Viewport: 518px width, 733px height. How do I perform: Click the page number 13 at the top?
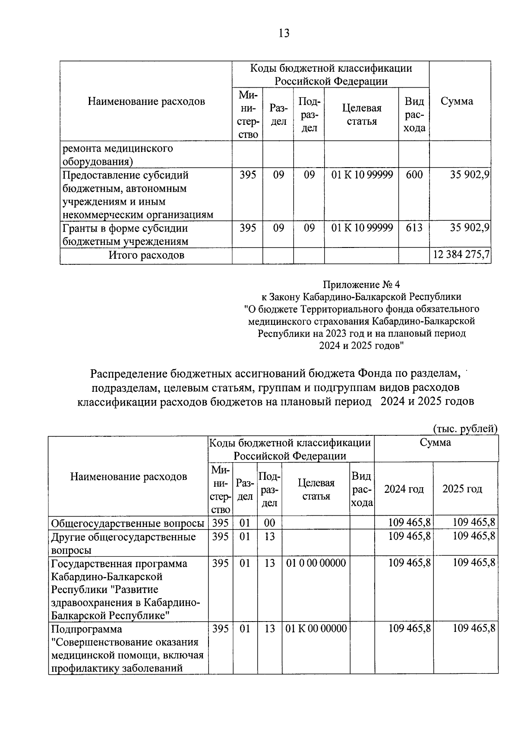tap(284, 33)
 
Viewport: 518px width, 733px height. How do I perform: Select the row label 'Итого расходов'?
tap(146, 255)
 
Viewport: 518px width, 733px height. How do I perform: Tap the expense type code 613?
tap(414, 227)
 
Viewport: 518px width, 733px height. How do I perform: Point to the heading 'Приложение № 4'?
tap(361, 284)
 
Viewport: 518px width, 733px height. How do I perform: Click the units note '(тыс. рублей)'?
tap(465, 428)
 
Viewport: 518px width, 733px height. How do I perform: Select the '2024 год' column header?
tap(404, 489)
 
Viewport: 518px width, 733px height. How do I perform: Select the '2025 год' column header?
tap(462, 489)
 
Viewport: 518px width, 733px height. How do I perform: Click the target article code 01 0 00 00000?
tap(316, 563)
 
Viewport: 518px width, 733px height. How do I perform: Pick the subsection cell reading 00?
tap(269, 523)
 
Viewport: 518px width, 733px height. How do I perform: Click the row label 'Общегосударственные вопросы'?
tap(128, 523)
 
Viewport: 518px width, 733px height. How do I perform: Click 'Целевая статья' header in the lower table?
tap(316, 489)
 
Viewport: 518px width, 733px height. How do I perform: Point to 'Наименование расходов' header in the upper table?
tap(146, 101)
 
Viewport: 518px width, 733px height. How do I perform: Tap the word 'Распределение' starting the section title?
tap(128, 373)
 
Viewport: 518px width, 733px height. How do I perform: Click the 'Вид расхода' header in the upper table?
tap(414, 114)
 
